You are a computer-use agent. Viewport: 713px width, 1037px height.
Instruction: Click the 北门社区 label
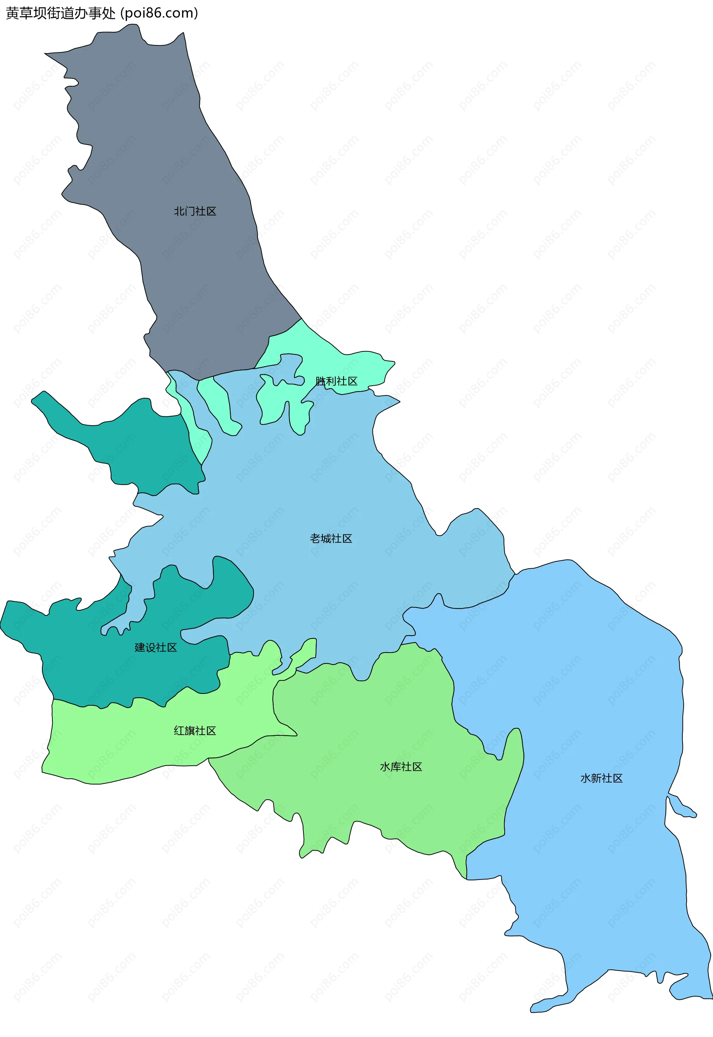(x=195, y=211)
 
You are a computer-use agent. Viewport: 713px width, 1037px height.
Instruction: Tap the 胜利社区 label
(x=336, y=381)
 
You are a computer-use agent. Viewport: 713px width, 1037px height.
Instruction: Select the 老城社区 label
(x=331, y=539)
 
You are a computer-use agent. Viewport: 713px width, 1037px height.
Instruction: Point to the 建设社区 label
(x=156, y=647)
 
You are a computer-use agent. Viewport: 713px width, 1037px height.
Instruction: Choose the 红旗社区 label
(x=195, y=731)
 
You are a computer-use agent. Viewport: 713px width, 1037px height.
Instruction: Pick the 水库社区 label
(x=401, y=767)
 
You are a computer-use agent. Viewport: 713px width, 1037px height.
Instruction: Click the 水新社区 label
(x=601, y=778)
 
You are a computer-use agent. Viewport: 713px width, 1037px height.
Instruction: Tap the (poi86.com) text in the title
(x=159, y=13)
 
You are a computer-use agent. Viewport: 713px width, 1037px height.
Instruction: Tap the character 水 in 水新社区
(x=586, y=778)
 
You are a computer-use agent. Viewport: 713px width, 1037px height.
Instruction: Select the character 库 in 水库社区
(x=395, y=767)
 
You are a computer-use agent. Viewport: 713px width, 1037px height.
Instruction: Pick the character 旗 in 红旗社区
(x=189, y=731)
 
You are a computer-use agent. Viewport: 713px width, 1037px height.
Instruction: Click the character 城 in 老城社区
(x=326, y=539)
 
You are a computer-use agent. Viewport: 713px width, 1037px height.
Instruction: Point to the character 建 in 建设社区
(x=140, y=647)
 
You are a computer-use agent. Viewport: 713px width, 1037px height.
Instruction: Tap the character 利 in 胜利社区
(x=331, y=381)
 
